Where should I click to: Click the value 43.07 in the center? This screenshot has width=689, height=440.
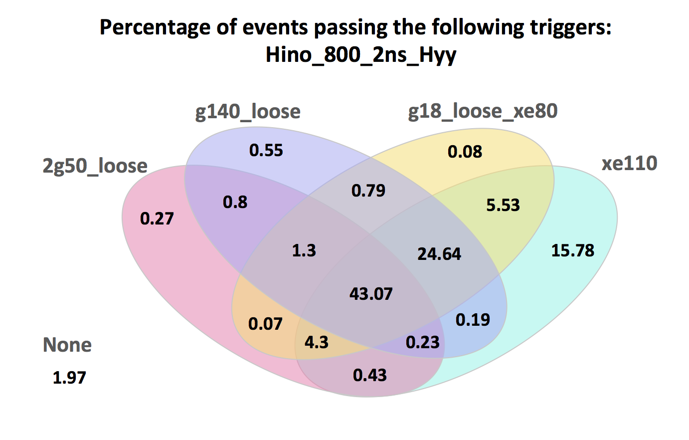point(371,293)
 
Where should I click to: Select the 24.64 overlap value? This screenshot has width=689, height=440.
point(439,254)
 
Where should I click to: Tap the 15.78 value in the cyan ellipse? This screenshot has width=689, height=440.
point(572,250)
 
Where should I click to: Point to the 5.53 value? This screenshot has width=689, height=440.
point(503,205)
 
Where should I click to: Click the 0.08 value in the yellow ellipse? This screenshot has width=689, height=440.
point(465,151)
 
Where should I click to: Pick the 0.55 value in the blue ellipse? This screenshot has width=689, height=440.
point(266,150)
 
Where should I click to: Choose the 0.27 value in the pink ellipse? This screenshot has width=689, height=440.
point(157,218)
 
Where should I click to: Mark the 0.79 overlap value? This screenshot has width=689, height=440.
point(368,190)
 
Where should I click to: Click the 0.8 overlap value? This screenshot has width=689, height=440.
point(235,202)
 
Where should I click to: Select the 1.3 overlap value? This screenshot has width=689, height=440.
point(304,250)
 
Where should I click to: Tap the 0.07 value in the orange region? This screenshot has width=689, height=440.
point(265,324)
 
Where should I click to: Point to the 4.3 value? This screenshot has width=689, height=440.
point(316,342)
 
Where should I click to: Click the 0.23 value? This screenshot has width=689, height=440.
point(422,342)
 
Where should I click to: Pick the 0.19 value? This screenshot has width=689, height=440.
point(473,319)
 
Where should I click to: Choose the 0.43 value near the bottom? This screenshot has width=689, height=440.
point(369,375)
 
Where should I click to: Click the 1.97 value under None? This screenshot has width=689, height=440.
point(69,378)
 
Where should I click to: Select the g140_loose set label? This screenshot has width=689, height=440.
point(248,112)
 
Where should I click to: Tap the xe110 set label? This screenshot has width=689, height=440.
point(629,163)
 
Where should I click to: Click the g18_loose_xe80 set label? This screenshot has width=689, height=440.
point(483,111)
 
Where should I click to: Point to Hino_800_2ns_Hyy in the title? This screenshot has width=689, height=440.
point(360,54)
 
